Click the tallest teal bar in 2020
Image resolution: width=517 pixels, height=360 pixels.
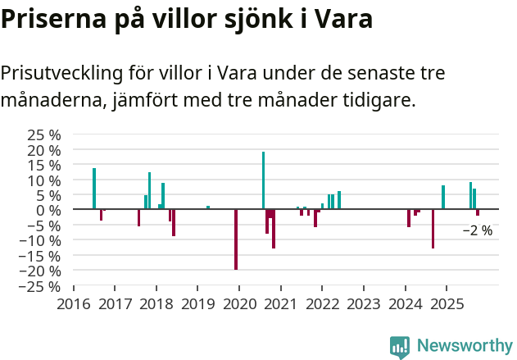click(x=263, y=180)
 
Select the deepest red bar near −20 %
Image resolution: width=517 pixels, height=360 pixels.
click(x=236, y=239)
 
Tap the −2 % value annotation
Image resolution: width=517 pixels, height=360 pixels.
click(x=478, y=231)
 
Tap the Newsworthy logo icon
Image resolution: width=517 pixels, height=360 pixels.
click(x=400, y=347)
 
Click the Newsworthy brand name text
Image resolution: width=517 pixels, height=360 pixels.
click(x=465, y=347)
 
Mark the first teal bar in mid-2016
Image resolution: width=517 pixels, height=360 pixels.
click(x=94, y=189)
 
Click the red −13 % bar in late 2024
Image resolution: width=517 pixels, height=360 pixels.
click(x=433, y=229)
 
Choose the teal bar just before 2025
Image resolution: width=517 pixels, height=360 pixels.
click(x=443, y=197)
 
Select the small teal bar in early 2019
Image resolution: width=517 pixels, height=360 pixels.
click(x=208, y=207)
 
